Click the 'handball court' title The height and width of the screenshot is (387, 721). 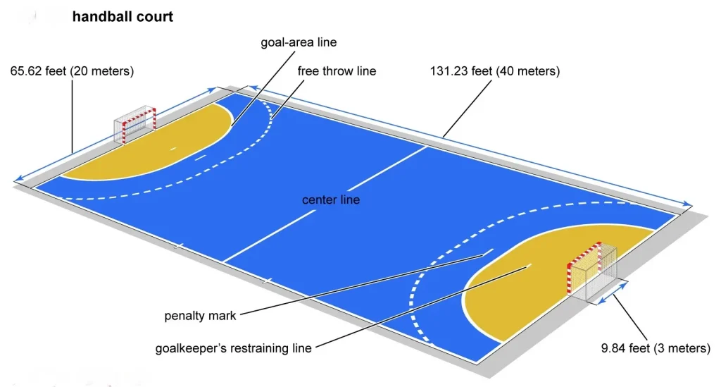[x=123, y=16]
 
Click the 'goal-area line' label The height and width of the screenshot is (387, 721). [x=299, y=42]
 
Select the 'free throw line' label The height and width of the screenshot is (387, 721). [x=337, y=71]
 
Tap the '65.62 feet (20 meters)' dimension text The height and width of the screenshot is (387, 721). [x=73, y=71]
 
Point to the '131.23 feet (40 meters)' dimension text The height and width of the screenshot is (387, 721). [x=494, y=71]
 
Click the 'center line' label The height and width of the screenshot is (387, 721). [x=331, y=200]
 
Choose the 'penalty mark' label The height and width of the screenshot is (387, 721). [x=201, y=316]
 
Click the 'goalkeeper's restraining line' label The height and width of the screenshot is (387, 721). [x=233, y=348]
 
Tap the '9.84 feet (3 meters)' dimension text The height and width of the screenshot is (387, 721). [x=656, y=348]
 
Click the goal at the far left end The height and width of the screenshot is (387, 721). [x=134, y=123]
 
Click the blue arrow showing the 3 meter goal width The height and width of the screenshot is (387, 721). [x=611, y=294]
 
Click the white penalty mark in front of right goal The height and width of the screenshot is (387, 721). [x=487, y=252]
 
